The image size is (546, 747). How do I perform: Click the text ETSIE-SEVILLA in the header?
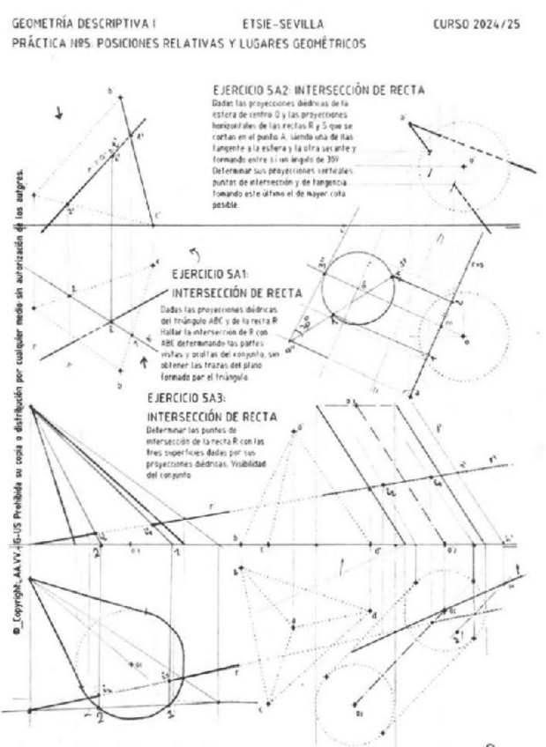[x=281, y=24]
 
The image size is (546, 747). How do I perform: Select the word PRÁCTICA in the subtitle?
[x=33, y=41]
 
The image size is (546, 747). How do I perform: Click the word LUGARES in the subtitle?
[x=236, y=41]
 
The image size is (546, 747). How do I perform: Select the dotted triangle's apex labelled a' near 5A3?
[x=300, y=429]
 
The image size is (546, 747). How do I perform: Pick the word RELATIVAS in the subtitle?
[x=181, y=41]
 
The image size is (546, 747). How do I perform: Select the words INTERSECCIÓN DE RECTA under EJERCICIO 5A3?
[x=212, y=415]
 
